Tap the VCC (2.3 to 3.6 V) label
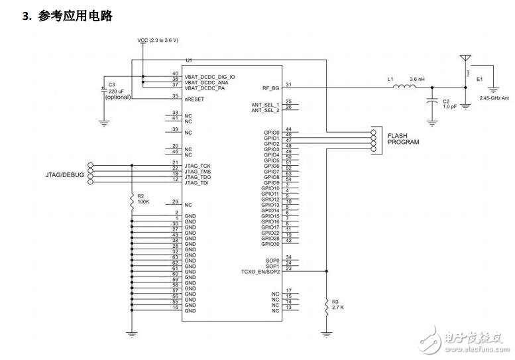click(x=158, y=40)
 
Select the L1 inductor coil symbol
click(x=402, y=86)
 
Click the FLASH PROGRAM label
click(x=403, y=139)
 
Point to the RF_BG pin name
click(x=271, y=87)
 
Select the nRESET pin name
click(x=194, y=98)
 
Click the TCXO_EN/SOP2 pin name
click(x=260, y=271)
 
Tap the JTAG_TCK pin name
click(x=198, y=164)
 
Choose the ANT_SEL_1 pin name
click(x=265, y=104)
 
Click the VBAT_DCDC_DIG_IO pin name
click(x=210, y=76)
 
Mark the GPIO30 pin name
click(x=270, y=245)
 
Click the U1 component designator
click(x=189, y=60)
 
